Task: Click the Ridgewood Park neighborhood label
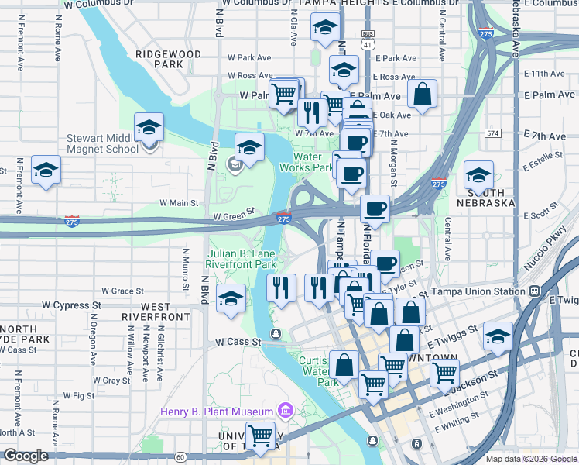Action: pos(167,59)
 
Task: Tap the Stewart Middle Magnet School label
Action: pos(102,144)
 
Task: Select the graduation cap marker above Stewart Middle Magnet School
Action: pos(149,128)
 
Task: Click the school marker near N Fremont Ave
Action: pos(46,170)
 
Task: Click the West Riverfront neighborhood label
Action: pos(156,312)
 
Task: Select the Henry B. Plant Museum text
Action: pos(217,411)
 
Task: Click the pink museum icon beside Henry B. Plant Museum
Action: pos(285,410)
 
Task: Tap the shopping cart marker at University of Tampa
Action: pos(261,436)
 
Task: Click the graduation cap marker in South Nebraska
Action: pos(478,175)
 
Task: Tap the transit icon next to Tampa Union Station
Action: pos(534,292)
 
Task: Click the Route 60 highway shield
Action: pos(180,457)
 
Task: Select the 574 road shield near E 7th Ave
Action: pos(492,133)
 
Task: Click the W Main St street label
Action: pos(179,203)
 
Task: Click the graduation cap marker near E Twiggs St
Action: pos(498,336)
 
